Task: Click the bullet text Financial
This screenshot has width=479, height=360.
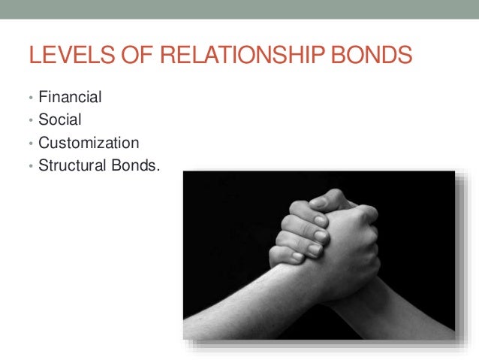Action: coord(71,98)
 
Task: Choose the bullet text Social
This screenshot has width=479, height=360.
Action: coord(61,119)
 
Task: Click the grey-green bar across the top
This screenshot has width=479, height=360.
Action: coord(239,9)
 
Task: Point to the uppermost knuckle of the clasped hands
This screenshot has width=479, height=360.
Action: coord(330,197)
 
